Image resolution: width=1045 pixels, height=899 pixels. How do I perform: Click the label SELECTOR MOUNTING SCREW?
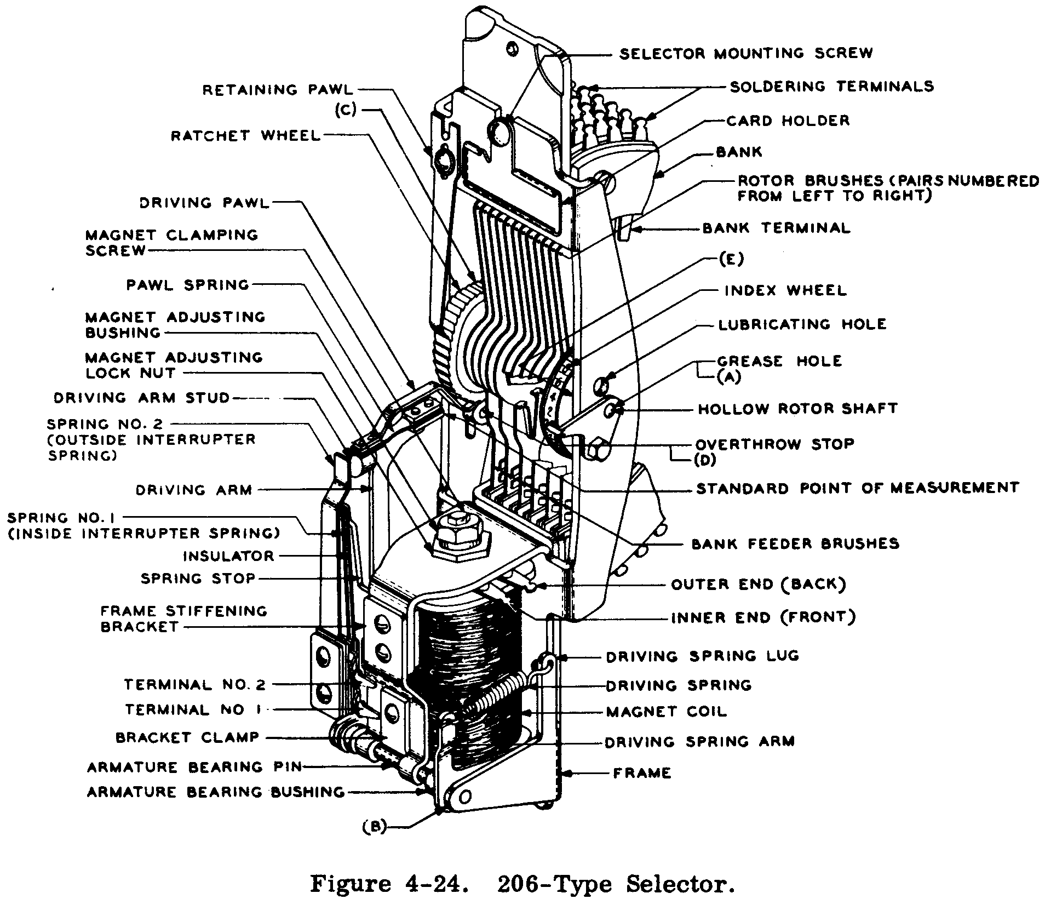tap(746, 54)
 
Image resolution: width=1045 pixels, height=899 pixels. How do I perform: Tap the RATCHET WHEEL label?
tap(246, 135)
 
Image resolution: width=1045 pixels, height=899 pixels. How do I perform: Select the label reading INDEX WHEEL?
tap(785, 290)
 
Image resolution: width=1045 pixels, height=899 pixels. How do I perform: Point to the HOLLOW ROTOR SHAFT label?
tap(797, 409)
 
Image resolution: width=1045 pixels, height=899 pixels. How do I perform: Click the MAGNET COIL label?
tap(666, 712)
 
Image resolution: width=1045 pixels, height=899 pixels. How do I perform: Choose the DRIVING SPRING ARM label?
tap(699, 742)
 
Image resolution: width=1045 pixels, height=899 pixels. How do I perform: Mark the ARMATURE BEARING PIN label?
tap(194, 767)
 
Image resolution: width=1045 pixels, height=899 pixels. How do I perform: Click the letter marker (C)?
tap(346, 110)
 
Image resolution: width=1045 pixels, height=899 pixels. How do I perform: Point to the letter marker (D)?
tap(705, 460)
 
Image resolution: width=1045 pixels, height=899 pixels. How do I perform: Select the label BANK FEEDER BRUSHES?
tap(795, 544)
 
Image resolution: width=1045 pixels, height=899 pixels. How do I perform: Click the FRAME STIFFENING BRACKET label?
tap(183, 619)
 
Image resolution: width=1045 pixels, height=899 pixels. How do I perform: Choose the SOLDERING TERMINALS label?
tap(831, 87)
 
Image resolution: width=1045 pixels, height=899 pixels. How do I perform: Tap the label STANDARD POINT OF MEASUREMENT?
tap(857, 488)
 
